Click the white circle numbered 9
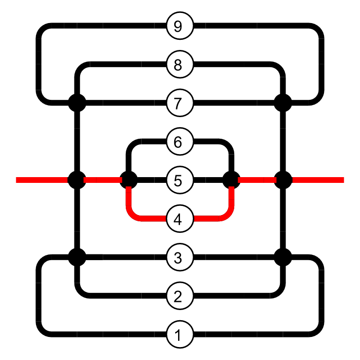pyautogui.click(x=180, y=26)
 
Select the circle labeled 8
pyautogui.click(x=180, y=64)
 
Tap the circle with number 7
pyautogui.click(x=180, y=103)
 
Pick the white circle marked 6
pyautogui.click(x=180, y=142)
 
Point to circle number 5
pyautogui.click(x=180, y=180)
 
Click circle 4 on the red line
pyautogui.click(x=180, y=219)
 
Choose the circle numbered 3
pyautogui.click(x=180, y=258)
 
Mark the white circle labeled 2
pyautogui.click(x=180, y=296)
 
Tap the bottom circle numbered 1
pyautogui.click(x=180, y=335)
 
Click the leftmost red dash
pyautogui.click(x=41, y=180)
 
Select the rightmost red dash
pyautogui.click(x=318, y=180)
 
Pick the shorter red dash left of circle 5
pyautogui.click(x=102, y=180)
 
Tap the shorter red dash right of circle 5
pyautogui.click(x=257, y=180)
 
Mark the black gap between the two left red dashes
pyautogui.click(x=75, y=180)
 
